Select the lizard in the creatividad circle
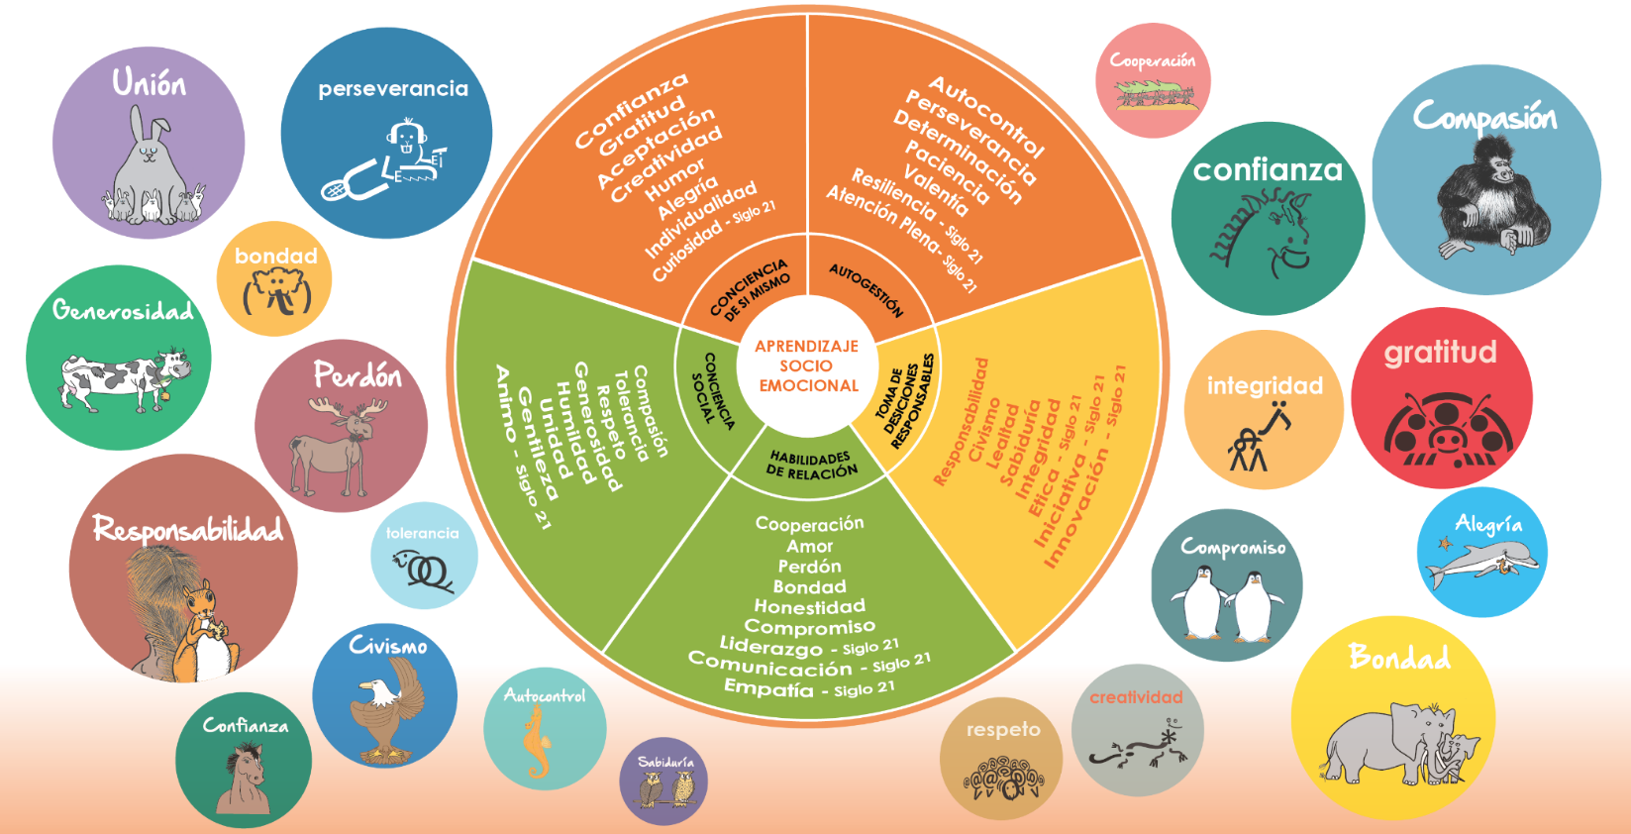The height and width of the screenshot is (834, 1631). pyautogui.click(x=1139, y=748)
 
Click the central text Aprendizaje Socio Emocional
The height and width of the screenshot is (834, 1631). pyautogui.click(x=807, y=365)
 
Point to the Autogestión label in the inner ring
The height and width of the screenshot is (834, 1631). pyautogui.click(x=866, y=289)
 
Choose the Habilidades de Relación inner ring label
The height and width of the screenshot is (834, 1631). pyautogui.click(x=811, y=466)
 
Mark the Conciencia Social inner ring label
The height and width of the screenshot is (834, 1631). pyautogui.click(x=712, y=389)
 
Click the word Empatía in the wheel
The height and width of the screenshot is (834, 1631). pyautogui.click(x=768, y=687)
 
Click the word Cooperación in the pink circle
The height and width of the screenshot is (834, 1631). pyautogui.click(x=1152, y=60)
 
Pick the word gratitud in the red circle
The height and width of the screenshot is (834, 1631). pyautogui.click(x=1440, y=353)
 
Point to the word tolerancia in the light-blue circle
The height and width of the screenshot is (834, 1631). pyautogui.click(x=423, y=533)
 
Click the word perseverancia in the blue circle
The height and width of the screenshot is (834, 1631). pyautogui.click(x=393, y=89)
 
